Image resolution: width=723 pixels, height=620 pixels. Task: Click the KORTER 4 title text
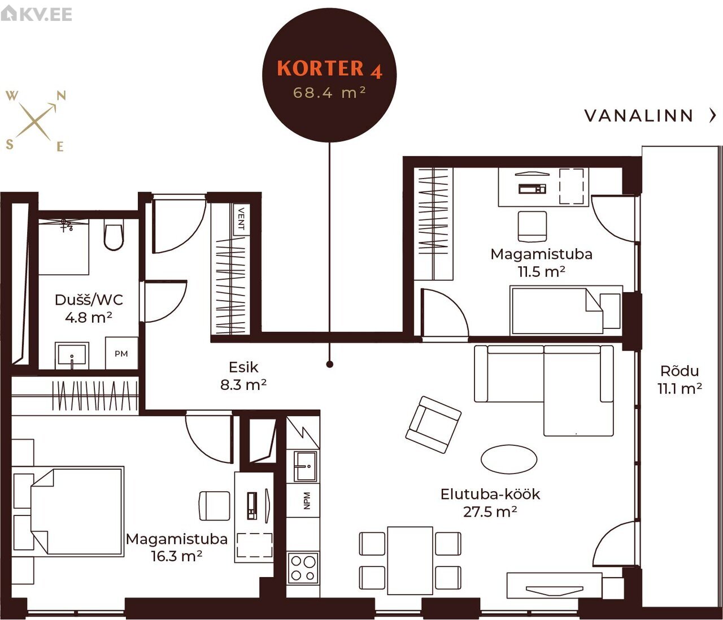329,68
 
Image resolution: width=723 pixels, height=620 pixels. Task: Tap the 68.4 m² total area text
329,93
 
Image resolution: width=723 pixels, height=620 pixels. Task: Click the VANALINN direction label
639,116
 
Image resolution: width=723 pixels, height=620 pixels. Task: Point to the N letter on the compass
61,96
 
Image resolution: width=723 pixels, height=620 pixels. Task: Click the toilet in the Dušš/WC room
114,235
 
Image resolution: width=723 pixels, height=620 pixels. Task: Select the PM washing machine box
121,353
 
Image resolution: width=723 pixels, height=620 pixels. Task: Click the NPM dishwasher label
307,501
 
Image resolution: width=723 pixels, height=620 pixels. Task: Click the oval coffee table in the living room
509,459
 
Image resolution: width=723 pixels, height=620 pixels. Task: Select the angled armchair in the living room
433,424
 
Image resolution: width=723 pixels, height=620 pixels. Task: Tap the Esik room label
243,367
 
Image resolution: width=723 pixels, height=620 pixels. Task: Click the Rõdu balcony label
680,371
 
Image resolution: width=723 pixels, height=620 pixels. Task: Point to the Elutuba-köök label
490,494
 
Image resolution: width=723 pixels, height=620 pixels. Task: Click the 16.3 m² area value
177,556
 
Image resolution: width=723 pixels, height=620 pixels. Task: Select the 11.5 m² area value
542,272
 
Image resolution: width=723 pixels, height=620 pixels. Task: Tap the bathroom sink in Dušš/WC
72,355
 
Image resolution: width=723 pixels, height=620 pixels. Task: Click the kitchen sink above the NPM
306,466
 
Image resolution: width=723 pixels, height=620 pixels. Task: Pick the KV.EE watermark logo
36,14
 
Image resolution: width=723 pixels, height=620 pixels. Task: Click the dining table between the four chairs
410,561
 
